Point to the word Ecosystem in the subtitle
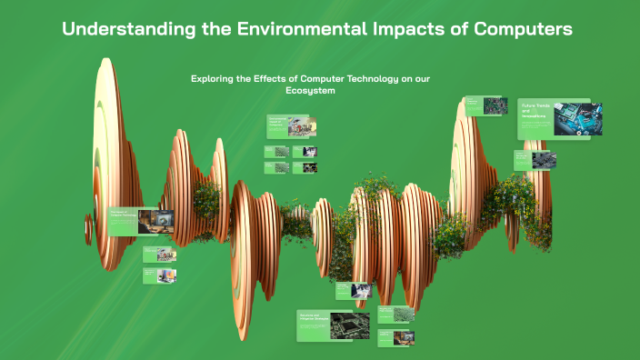click(310, 91)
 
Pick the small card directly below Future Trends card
click(534, 160)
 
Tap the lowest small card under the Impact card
click(159, 274)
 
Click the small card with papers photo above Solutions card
click(353, 290)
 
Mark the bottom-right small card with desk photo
click(395, 337)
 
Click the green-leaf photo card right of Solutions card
click(395, 314)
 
